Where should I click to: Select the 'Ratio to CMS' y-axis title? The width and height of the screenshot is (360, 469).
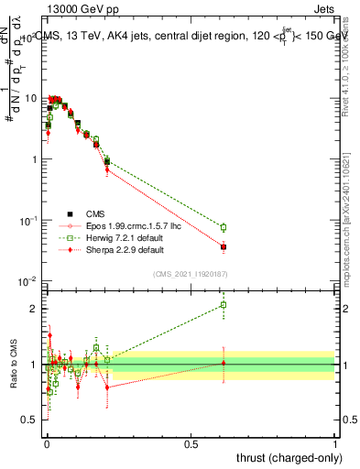12,365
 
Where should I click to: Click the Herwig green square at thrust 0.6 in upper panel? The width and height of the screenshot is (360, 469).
223,227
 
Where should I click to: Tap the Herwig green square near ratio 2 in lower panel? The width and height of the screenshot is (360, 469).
223,305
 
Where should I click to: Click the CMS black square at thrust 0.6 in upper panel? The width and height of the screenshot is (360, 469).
223,247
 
